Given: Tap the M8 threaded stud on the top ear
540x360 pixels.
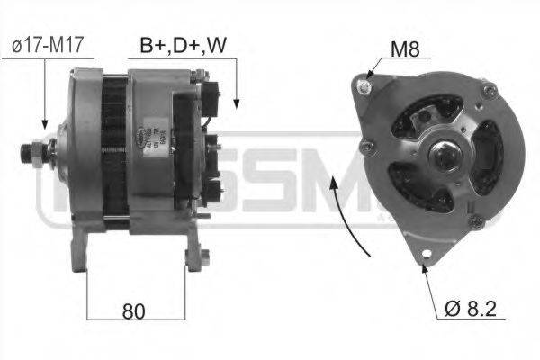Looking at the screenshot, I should (x=365, y=86).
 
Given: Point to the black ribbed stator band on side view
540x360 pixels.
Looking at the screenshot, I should (x=112, y=153).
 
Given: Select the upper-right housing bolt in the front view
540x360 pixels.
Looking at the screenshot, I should (x=489, y=91).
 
